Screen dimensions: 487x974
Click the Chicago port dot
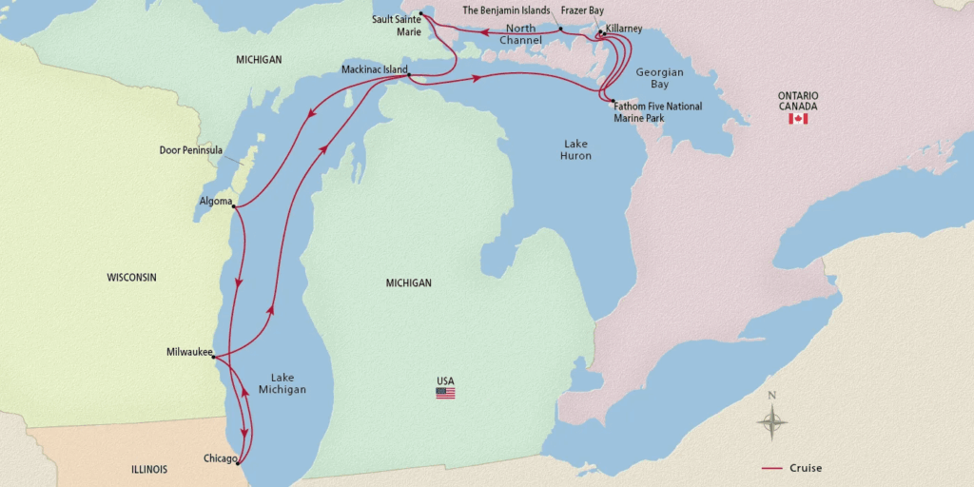(237, 463)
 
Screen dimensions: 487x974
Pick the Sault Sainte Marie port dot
(420, 12)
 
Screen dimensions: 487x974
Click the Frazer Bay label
(582, 10)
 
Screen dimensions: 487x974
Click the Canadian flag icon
(798, 119)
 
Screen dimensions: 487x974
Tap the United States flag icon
(445, 393)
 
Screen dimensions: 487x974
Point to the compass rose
(772, 419)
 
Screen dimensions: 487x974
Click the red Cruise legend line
(772, 468)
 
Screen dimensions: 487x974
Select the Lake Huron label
(575, 149)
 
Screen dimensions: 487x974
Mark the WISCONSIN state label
(131, 278)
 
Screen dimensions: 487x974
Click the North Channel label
(521, 34)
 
